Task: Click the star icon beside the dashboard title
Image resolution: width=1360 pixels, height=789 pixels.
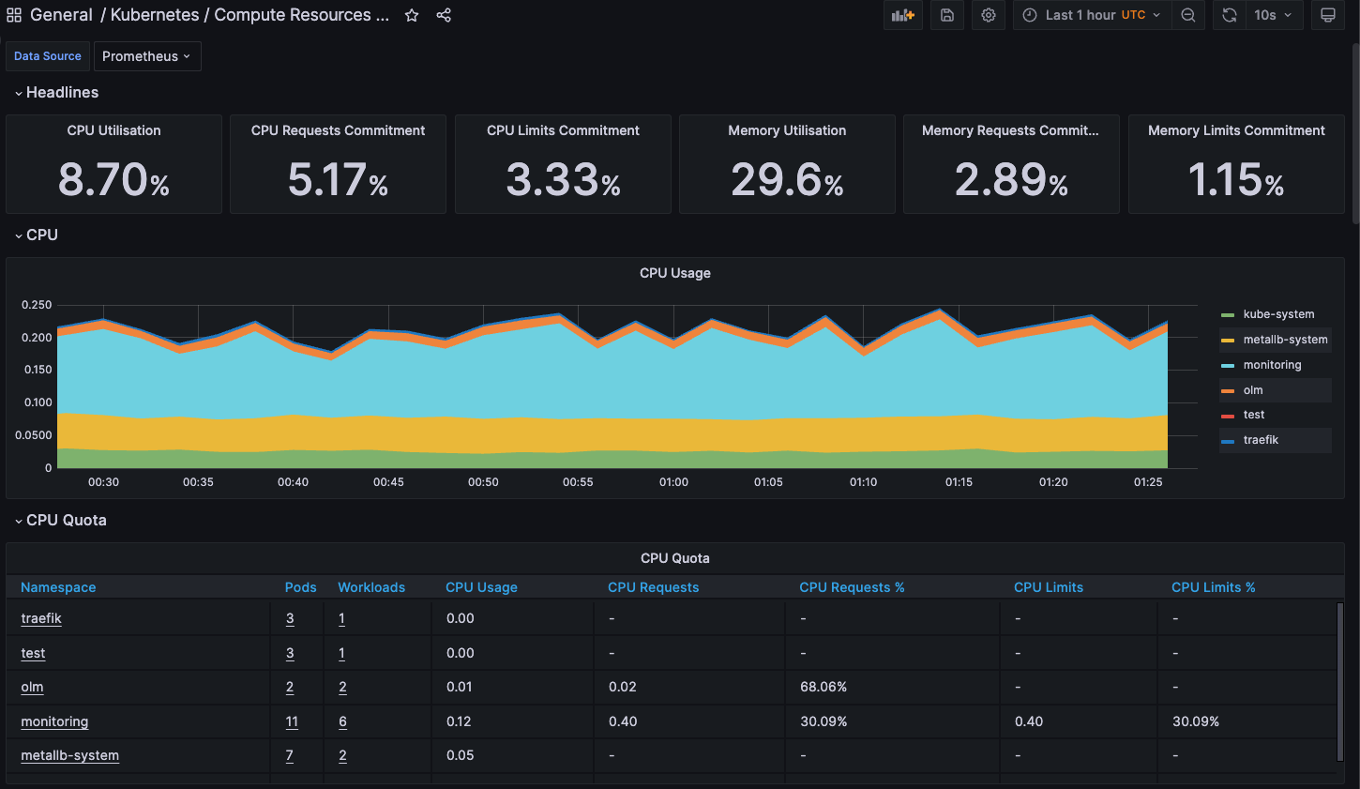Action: click(x=412, y=15)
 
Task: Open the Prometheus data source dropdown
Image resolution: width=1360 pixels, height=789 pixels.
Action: click(x=147, y=56)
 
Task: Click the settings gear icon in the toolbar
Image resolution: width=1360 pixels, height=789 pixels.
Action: click(x=989, y=15)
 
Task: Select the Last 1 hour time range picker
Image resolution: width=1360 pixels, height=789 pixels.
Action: click(x=1092, y=15)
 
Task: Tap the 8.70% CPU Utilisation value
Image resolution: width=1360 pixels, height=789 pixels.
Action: click(x=113, y=180)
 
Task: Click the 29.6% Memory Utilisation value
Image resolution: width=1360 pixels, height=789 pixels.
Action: click(x=787, y=180)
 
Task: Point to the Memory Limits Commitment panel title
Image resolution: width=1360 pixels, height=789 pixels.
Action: click(x=1236, y=130)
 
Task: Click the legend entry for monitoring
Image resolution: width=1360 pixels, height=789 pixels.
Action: click(x=1272, y=365)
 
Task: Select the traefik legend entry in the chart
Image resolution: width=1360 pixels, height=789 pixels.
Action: click(x=1261, y=440)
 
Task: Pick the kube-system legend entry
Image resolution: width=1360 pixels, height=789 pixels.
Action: click(x=1278, y=314)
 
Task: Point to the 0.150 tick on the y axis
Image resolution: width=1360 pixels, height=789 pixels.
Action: click(x=38, y=370)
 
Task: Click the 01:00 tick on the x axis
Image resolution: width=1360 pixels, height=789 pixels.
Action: click(x=673, y=482)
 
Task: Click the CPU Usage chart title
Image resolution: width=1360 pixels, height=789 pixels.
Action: click(x=674, y=273)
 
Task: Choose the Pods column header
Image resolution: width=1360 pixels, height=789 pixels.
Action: click(x=300, y=587)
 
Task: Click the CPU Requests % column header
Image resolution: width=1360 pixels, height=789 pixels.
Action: click(x=852, y=587)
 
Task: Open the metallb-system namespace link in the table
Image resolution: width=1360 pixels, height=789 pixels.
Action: click(x=69, y=755)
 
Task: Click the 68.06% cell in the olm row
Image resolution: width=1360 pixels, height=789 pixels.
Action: click(x=824, y=687)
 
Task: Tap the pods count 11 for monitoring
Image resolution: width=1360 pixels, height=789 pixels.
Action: click(x=292, y=721)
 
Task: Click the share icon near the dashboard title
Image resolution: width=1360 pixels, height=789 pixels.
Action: click(x=444, y=15)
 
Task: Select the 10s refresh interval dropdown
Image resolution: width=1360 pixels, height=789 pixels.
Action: click(x=1273, y=15)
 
